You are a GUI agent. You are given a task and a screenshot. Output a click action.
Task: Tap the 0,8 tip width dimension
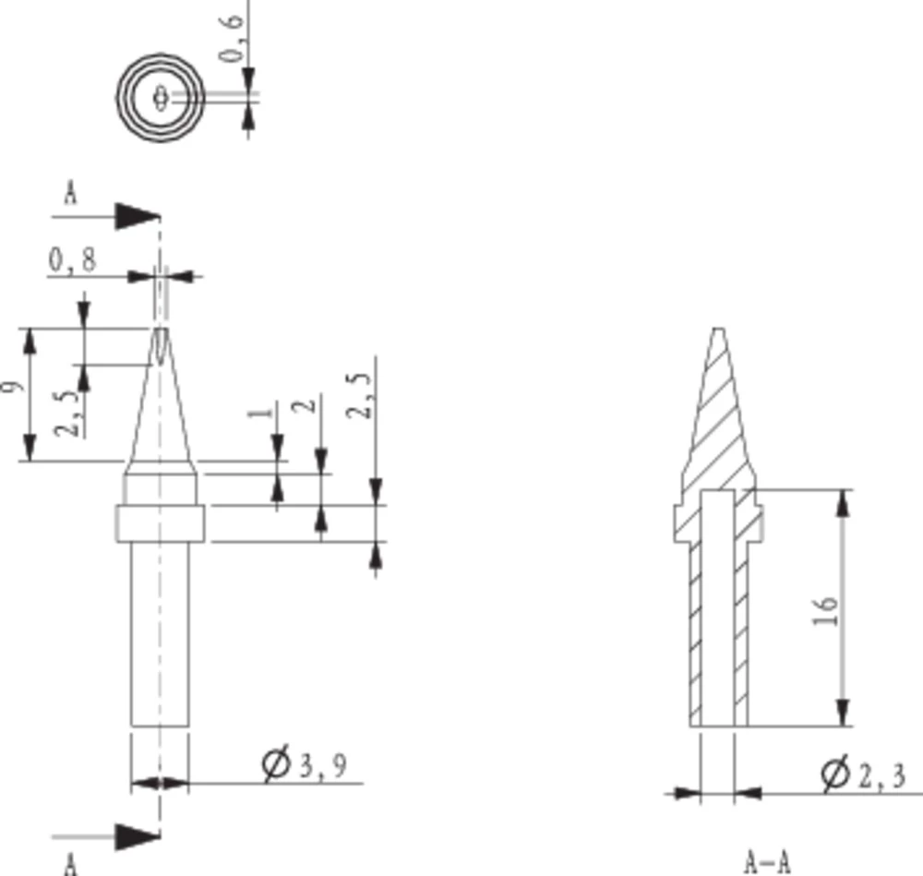[72, 262]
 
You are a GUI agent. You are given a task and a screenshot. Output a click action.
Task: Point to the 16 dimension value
[828, 611]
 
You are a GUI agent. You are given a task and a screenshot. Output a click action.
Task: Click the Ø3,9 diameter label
[305, 765]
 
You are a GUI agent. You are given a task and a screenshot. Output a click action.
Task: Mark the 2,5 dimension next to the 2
[361, 395]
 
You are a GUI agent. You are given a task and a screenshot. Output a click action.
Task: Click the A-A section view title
[768, 862]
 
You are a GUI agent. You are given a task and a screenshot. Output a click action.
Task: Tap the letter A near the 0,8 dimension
[69, 195]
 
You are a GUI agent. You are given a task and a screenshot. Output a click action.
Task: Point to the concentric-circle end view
[161, 97]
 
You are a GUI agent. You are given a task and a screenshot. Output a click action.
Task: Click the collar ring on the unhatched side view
[160, 522]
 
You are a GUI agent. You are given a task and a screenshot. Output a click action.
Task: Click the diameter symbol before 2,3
[834, 774]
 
